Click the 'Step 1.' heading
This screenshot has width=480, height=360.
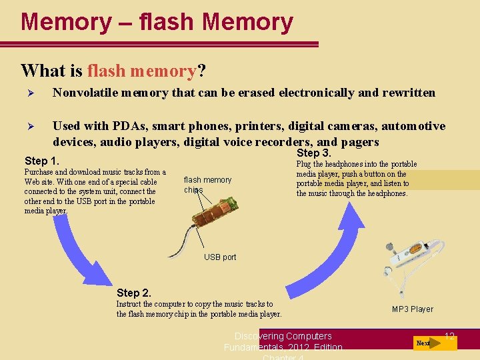pyautogui.click(x=41, y=161)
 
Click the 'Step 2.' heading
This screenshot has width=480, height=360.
pyautogui.click(x=133, y=293)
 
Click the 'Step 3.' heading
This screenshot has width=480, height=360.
pyautogui.click(x=313, y=153)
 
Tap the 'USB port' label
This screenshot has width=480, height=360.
pyautogui.click(x=220, y=257)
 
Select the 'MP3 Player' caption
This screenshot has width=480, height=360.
pyautogui.click(x=412, y=309)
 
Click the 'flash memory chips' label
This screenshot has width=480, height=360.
pyautogui.click(x=207, y=185)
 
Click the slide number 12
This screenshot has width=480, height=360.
pyautogui.click(x=449, y=337)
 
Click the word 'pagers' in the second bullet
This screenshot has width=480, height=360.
pyautogui.click(x=360, y=142)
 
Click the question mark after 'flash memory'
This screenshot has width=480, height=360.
pyautogui.click(x=201, y=71)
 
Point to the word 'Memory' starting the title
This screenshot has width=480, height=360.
pyautogui.click(x=65, y=22)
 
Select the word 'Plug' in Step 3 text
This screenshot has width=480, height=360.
pyautogui.click(x=303, y=164)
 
